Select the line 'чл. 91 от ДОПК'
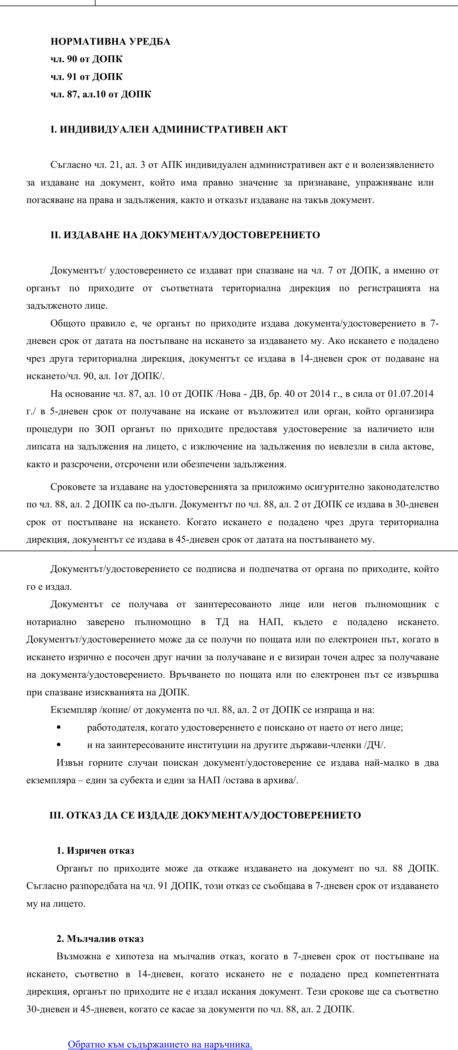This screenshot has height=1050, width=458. [86, 77]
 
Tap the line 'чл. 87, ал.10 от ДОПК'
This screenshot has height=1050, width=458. [101, 94]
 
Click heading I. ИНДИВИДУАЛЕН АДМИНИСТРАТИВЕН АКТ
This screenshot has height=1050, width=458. [169, 130]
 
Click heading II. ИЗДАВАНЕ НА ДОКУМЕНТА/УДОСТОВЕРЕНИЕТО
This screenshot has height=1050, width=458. [185, 235]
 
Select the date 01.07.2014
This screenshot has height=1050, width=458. [410, 394]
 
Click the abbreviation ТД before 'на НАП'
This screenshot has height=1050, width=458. [222, 622]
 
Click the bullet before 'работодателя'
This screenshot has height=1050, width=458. [59, 727]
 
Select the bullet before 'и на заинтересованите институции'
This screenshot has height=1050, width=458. [59, 745]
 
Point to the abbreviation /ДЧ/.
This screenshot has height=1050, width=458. [375, 745]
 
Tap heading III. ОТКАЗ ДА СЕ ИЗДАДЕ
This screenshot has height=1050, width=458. [205, 815]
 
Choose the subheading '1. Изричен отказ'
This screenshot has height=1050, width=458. [95, 851]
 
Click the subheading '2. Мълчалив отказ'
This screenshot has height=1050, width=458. [100, 939]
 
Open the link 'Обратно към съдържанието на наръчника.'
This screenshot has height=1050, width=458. [160, 1044]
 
